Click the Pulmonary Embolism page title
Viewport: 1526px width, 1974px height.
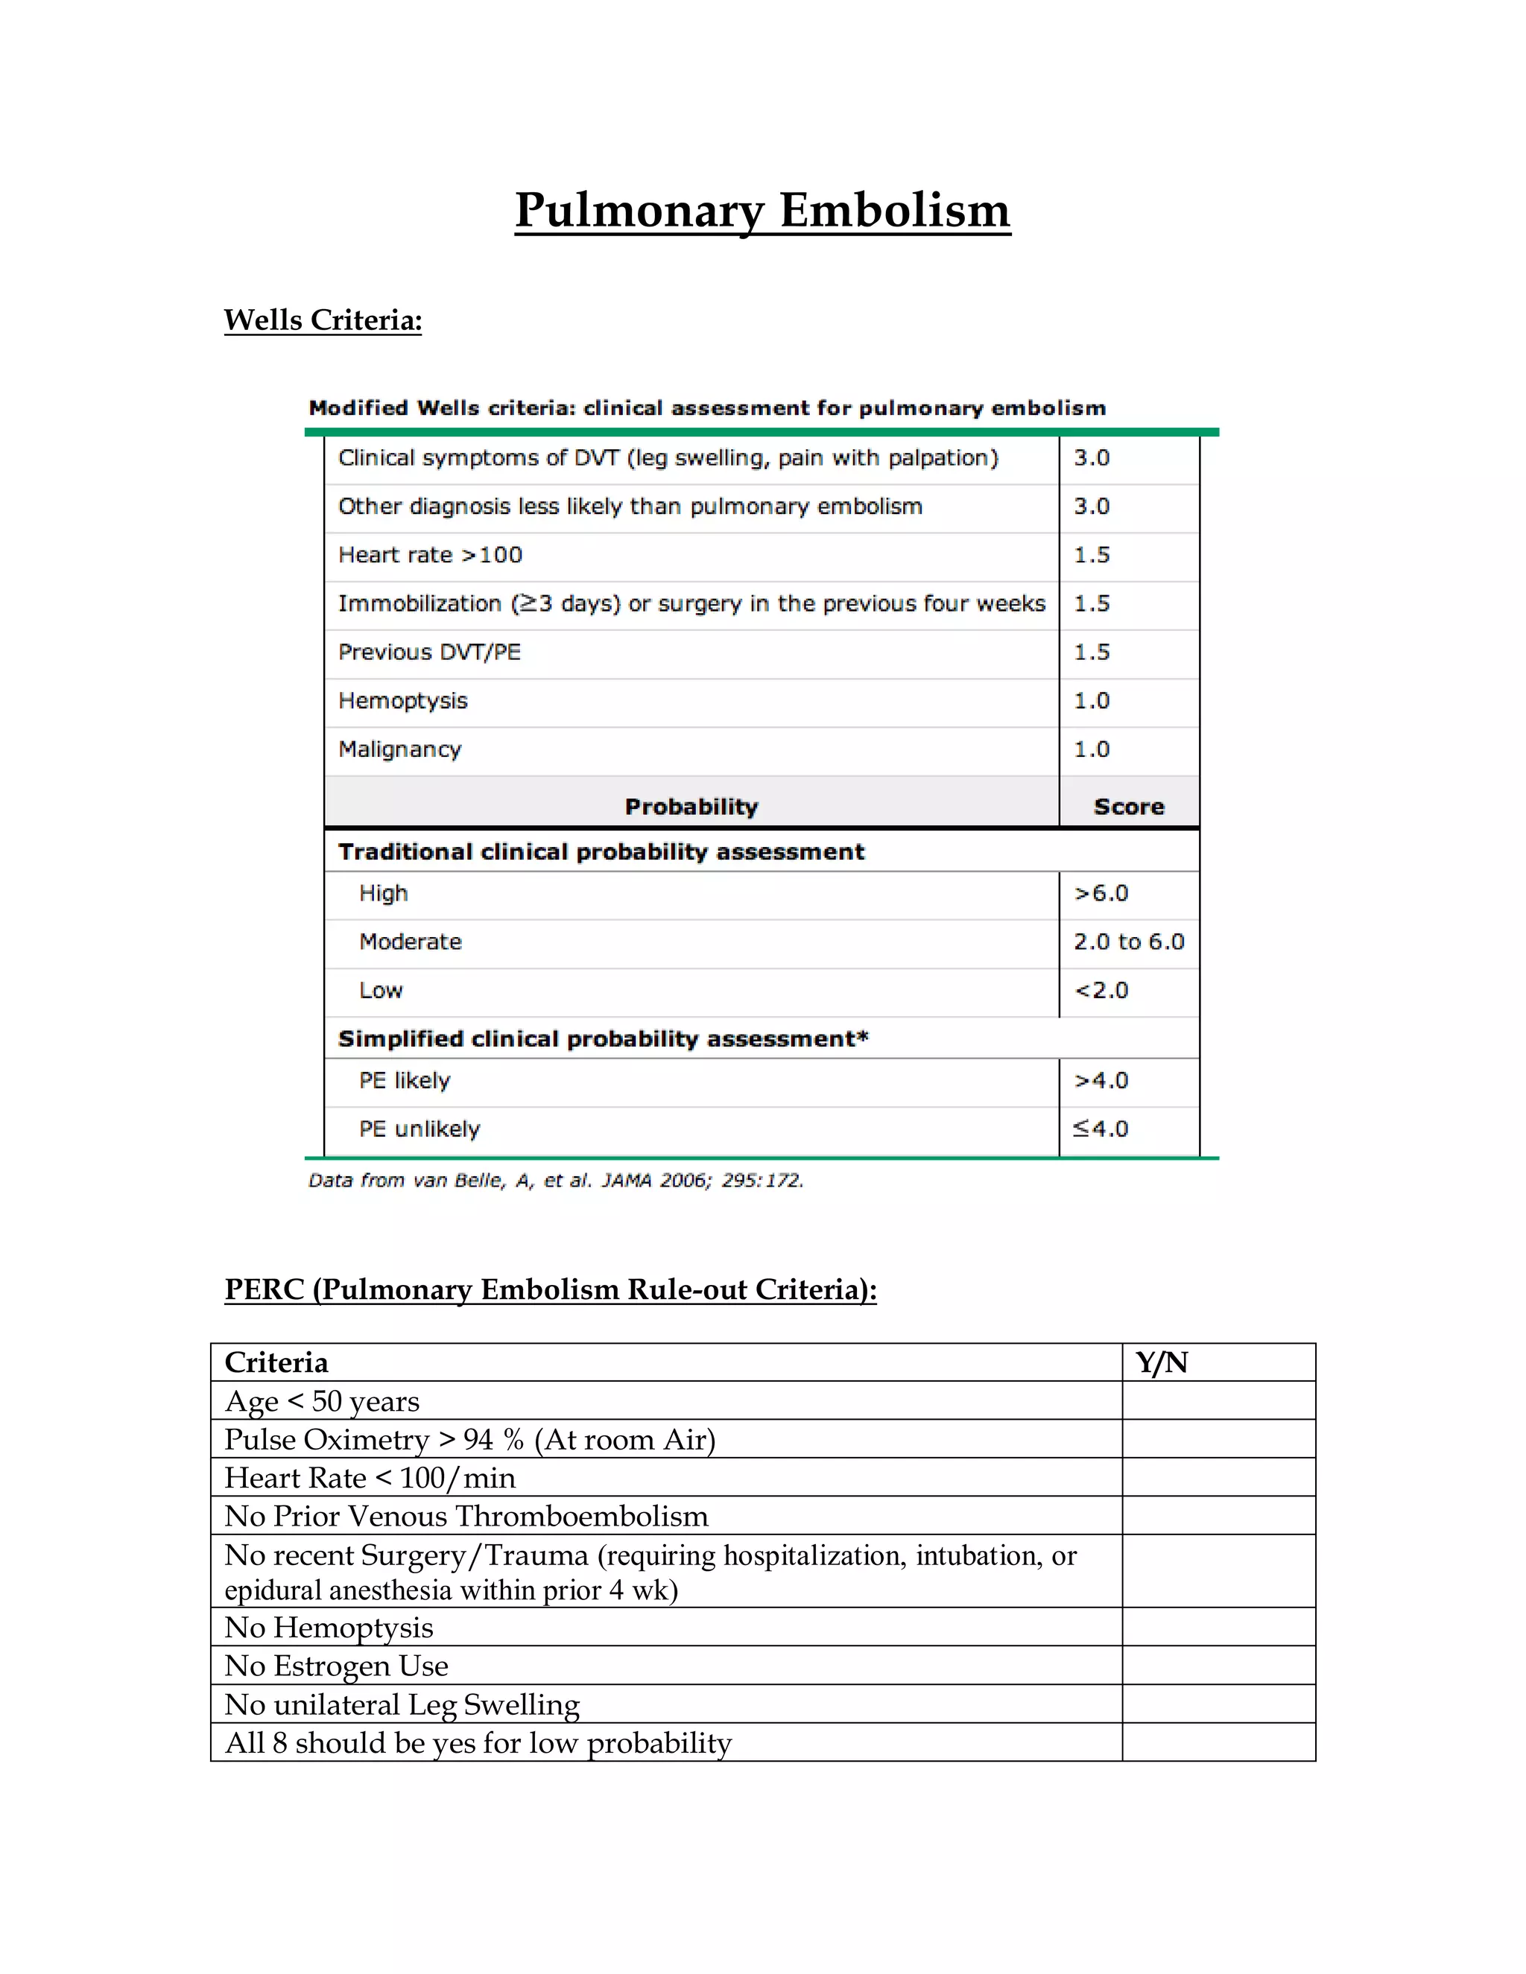pos(762,211)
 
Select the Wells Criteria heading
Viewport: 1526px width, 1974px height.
pos(323,320)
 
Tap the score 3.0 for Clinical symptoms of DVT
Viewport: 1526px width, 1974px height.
pos(1091,458)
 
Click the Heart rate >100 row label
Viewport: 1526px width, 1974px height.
pos(431,555)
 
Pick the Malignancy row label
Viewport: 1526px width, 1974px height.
pos(399,749)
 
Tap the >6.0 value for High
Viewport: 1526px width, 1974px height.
pos(1101,893)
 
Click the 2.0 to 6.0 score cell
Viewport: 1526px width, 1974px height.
pos(1128,942)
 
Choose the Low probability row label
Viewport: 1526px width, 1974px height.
pos(381,991)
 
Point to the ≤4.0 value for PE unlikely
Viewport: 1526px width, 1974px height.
pos(1101,1129)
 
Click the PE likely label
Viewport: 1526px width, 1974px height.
pos(404,1080)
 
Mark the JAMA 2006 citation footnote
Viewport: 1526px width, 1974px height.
pos(555,1181)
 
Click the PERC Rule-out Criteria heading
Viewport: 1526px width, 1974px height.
pos(550,1289)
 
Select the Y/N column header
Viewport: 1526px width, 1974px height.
pos(1162,1362)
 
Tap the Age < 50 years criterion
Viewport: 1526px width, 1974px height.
pos(322,1401)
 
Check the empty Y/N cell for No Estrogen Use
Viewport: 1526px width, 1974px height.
pos(1218,1665)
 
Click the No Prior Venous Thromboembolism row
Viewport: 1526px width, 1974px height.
pos(466,1516)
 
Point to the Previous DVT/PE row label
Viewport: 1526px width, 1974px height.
pos(429,653)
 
